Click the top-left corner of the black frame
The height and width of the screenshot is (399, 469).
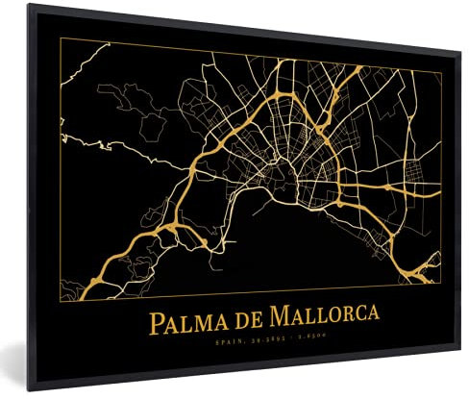[29, 5]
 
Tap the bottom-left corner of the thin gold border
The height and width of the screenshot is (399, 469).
[62, 295]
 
